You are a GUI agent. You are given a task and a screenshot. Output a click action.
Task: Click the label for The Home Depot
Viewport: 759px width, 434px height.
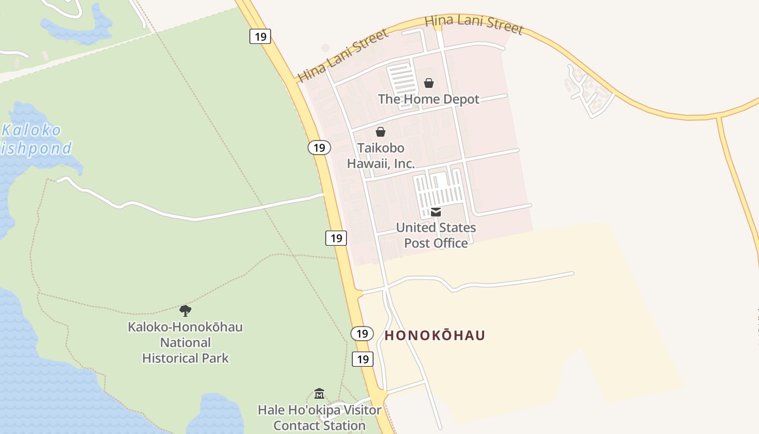[428, 99]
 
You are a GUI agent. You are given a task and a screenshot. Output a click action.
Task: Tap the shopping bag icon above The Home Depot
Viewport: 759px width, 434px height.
[429, 83]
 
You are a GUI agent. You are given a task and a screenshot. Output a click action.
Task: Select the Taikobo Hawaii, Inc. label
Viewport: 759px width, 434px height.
[381, 156]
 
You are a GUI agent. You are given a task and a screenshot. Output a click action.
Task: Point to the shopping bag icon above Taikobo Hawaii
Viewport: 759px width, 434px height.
[381, 132]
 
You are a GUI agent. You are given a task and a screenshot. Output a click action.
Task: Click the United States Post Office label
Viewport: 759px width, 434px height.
[436, 235]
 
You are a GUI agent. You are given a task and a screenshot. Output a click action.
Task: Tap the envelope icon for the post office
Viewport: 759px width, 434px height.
[436, 212]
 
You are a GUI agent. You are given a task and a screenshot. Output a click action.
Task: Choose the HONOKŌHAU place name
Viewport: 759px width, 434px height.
[435, 335]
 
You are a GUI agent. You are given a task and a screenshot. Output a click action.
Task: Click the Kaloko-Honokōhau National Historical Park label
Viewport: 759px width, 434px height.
[185, 342]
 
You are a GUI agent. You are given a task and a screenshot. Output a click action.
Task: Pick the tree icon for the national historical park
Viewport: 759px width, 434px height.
[185, 311]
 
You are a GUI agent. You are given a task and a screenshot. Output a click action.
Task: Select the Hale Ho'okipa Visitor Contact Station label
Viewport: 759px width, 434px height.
[319, 417]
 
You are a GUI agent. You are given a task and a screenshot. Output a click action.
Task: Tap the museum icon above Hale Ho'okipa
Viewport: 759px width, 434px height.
[319, 393]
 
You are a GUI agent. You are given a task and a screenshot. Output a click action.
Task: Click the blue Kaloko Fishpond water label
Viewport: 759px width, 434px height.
[35, 139]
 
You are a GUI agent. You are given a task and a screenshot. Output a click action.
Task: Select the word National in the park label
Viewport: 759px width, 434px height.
[185, 343]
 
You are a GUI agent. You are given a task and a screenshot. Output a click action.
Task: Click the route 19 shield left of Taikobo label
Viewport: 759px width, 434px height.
[319, 148]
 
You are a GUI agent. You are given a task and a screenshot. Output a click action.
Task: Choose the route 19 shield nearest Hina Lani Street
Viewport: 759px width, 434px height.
[260, 36]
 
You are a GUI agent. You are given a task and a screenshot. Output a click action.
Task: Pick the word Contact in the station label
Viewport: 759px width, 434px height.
[295, 425]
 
